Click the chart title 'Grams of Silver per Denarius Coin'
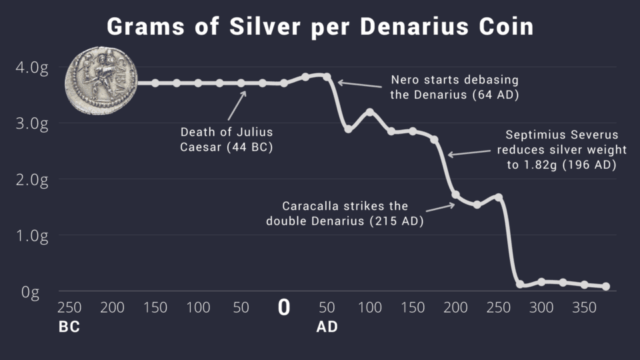tap(320, 26)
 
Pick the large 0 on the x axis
tap(284, 307)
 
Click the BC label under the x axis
tap(69, 327)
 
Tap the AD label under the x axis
tap(327, 327)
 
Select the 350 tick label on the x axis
tap(585, 307)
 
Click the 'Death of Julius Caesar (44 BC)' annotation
tap(226, 139)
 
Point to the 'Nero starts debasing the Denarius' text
tap(454, 87)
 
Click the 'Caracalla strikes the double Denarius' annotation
tap(345, 213)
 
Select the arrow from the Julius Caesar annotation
tap(236, 104)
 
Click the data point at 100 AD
tap(370, 112)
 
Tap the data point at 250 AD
tap(499, 197)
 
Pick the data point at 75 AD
tap(348, 129)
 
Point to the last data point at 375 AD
tap(606, 287)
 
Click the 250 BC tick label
tap(69, 307)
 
